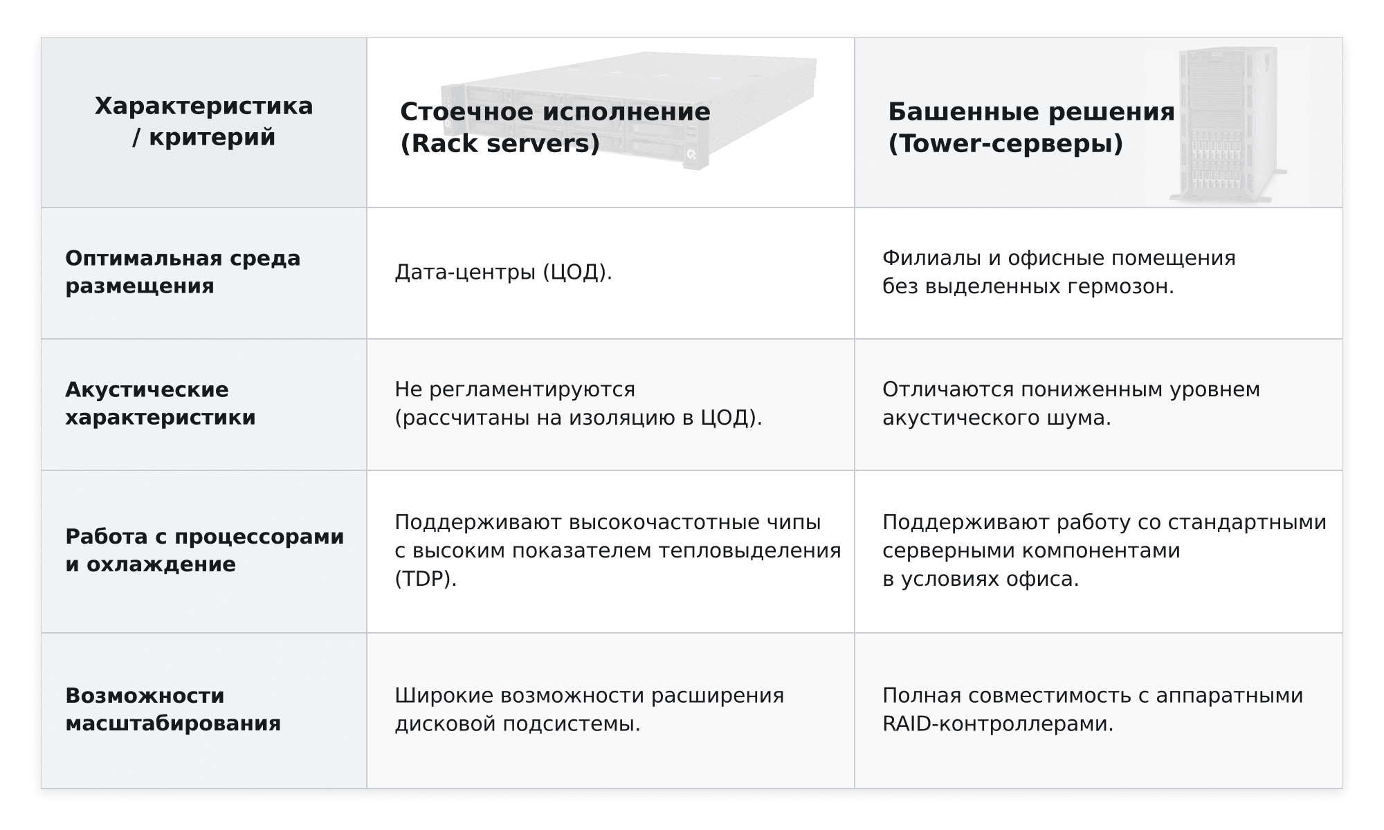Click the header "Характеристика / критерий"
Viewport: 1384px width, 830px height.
[204, 122]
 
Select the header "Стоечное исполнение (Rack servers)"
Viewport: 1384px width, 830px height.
[555, 127]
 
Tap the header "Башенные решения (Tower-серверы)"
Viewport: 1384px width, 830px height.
[1031, 127]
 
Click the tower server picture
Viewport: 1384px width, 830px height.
[1225, 124]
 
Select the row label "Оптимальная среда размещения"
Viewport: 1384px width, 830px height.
[183, 272]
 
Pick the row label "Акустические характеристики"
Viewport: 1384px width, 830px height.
[161, 403]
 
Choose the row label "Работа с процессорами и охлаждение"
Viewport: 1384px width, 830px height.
[205, 550]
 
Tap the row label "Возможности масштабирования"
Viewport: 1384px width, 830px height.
[173, 709]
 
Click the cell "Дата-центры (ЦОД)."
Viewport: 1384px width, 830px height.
[504, 272]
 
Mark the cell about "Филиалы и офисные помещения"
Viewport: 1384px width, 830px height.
[1059, 272]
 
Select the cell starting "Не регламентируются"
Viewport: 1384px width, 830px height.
[579, 403]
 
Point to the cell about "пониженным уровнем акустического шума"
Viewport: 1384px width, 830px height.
[1071, 403]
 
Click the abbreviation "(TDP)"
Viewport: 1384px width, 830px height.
[426, 578]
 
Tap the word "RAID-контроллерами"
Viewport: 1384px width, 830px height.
[998, 723]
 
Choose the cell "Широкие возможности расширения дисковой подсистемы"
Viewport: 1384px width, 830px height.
[590, 709]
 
